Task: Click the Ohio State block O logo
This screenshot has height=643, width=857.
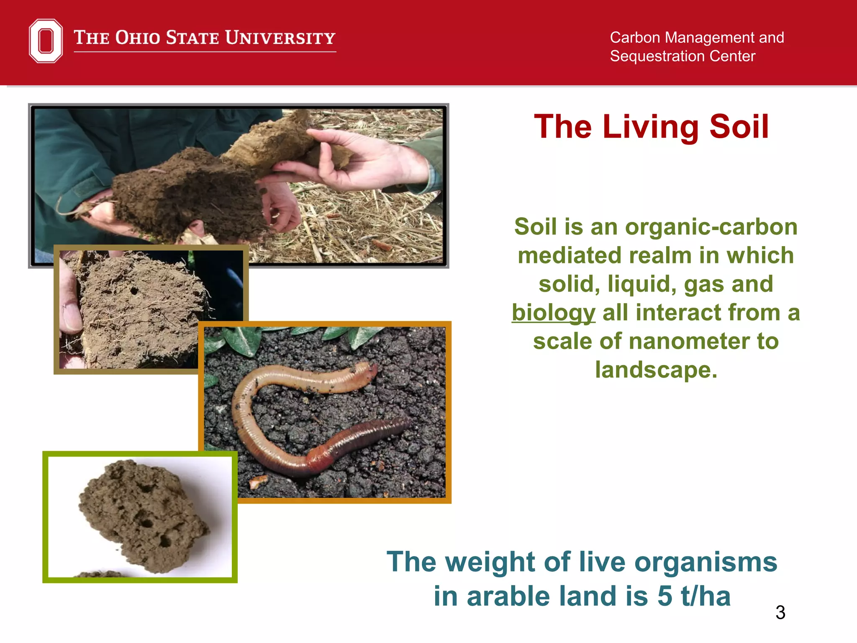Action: (46, 41)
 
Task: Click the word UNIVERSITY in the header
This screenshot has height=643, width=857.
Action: (280, 38)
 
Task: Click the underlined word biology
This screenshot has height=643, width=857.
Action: (553, 313)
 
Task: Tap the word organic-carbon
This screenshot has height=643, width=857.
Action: (711, 227)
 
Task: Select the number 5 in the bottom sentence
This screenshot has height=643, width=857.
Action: (665, 596)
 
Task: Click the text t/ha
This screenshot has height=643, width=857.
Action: (706, 596)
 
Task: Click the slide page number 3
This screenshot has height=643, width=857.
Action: (780, 613)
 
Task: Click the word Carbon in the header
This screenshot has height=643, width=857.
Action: (635, 38)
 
